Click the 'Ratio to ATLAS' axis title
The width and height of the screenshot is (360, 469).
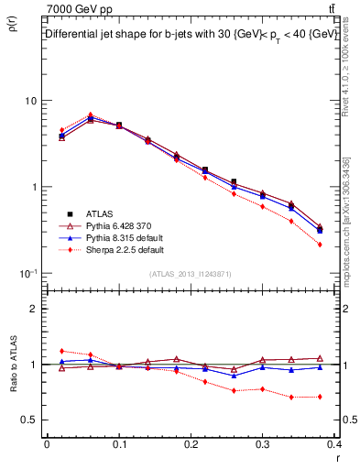12,393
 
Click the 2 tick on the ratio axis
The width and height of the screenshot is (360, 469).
34,309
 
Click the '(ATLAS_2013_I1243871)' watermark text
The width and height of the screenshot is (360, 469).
191,274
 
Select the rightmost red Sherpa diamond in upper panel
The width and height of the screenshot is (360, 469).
319,245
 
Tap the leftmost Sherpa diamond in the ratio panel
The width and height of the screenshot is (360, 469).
61,351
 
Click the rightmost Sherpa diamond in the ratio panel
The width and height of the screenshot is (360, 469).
319,397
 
